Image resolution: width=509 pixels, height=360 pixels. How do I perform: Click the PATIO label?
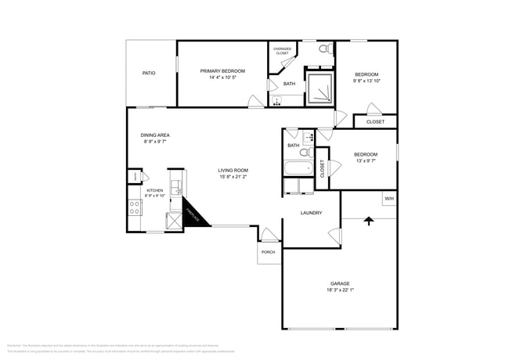click(148, 74)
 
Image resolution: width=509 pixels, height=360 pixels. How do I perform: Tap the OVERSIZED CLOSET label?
click(282, 51)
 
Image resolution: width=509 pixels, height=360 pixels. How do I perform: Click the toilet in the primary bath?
click(323, 49)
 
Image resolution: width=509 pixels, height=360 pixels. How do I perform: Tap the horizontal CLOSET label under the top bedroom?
click(375, 122)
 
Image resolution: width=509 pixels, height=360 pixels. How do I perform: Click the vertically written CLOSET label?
click(322, 169)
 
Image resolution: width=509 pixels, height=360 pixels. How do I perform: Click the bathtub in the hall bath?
click(298, 167)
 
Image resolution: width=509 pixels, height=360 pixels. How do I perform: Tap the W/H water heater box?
click(388, 199)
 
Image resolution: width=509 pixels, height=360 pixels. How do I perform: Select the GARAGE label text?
click(340, 283)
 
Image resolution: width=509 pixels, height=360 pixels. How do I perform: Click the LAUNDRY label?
click(312, 213)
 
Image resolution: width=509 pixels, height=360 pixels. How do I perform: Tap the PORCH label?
click(268, 253)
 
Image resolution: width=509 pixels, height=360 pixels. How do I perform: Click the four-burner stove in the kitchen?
click(135, 207)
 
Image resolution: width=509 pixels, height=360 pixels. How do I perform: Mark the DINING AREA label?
click(155, 135)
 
